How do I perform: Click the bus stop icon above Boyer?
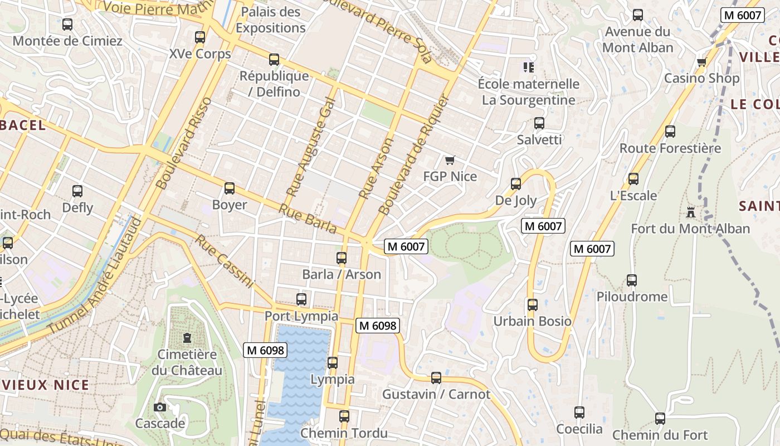click(229, 188)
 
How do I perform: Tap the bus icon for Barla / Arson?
click(342, 258)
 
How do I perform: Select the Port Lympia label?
click(301, 316)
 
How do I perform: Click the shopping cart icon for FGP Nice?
click(450, 161)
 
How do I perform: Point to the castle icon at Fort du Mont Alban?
click(691, 212)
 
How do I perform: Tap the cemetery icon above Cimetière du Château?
click(187, 338)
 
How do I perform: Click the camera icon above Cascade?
click(160, 408)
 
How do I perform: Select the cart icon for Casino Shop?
click(701, 62)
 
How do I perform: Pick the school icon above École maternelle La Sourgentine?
click(529, 68)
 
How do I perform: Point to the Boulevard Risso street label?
click(184, 143)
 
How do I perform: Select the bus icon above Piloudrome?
click(631, 280)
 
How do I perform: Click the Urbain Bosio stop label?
click(533, 321)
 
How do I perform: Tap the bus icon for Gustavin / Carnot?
click(436, 378)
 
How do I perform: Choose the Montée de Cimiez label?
click(67, 41)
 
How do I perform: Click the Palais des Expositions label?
click(271, 20)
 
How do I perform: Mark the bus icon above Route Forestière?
click(670, 132)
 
